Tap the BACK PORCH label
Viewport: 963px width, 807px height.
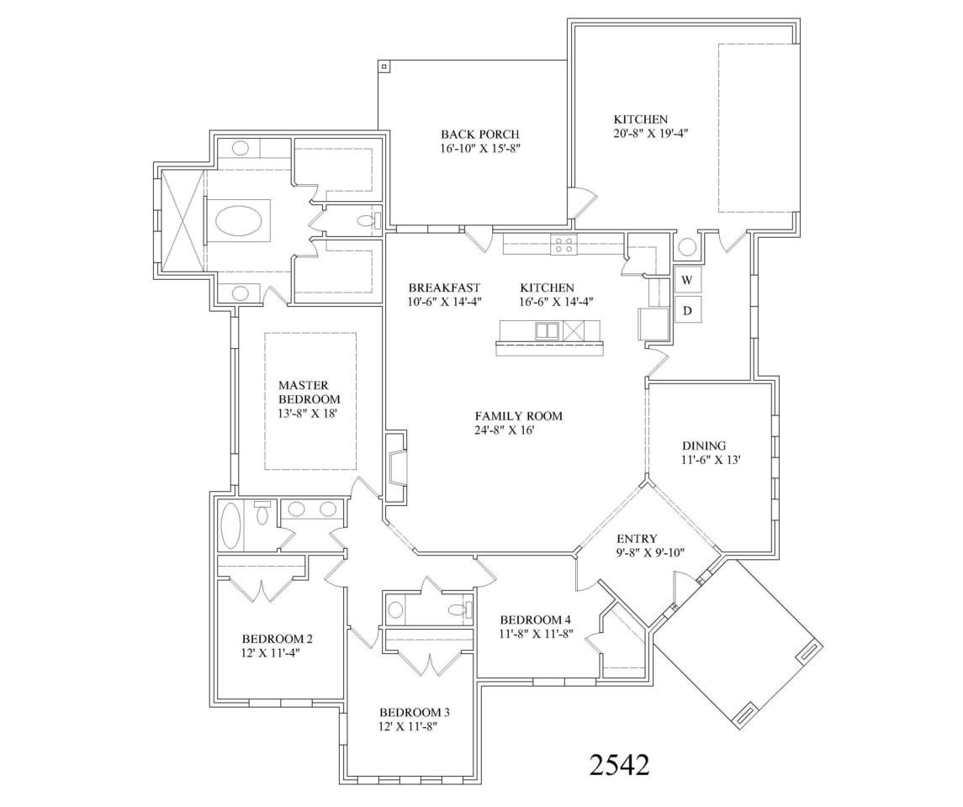pos(479,134)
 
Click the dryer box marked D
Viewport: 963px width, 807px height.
pos(686,311)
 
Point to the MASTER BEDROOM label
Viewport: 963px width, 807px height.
pos(309,392)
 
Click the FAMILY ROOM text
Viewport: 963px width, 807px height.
pos(518,416)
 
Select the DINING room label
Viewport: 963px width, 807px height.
pos(704,446)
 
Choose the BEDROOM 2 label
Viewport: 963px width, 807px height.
pos(278,637)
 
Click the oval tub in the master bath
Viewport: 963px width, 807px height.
pos(239,221)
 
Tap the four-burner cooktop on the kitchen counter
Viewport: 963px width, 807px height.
pos(563,245)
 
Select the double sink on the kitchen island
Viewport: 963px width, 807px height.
pos(547,330)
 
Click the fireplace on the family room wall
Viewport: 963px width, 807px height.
pos(397,467)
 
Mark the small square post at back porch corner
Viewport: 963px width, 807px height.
pos(383,66)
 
